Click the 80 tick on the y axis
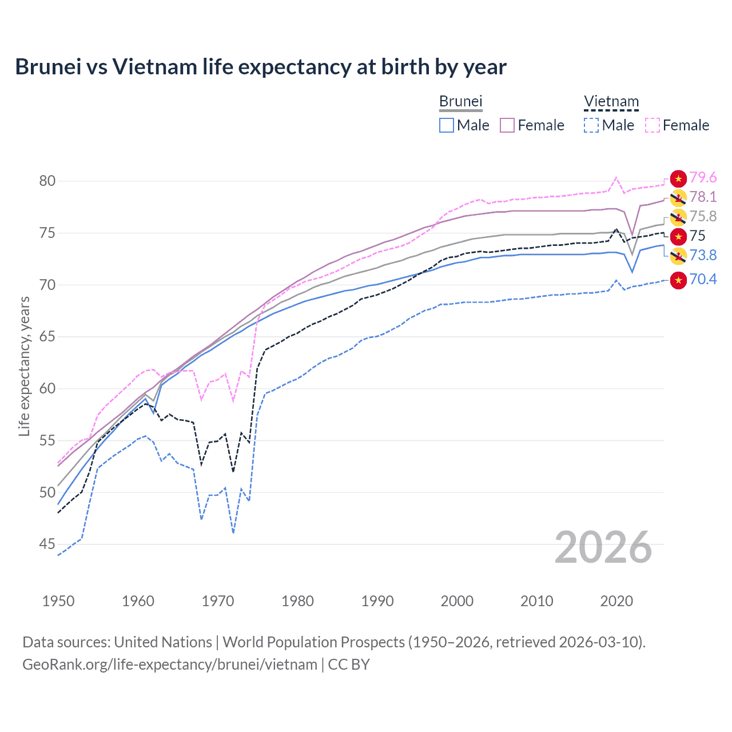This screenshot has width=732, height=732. pyautogui.click(x=47, y=181)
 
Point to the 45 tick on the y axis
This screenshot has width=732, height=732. pyautogui.click(x=47, y=544)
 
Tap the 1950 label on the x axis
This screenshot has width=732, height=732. pyautogui.click(x=58, y=601)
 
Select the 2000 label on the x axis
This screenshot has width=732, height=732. pyautogui.click(x=457, y=601)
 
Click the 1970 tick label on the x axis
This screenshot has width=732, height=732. pyautogui.click(x=218, y=601)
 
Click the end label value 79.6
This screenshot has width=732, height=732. pyautogui.click(x=703, y=178)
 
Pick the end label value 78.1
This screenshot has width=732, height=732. pyautogui.click(x=703, y=197)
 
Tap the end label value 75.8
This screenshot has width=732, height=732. pyautogui.click(x=703, y=217)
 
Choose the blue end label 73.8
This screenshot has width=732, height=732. pyautogui.click(x=703, y=255)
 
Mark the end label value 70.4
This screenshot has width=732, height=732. pyautogui.click(x=703, y=279)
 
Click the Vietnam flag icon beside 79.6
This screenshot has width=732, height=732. pyautogui.click(x=678, y=178)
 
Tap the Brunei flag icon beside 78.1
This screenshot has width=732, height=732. pyautogui.click(x=678, y=198)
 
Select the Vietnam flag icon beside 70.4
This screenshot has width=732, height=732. pyautogui.click(x=678, y=280)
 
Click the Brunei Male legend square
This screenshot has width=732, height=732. pyautogui.click(x=447, y=125)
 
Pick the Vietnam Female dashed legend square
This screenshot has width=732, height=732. pyautogui.click(x=653, y=125)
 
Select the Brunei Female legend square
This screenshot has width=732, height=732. pyautogui.click(x=508, y=125)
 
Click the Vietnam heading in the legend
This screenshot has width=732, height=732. pyautogui.click(x=611, y=102)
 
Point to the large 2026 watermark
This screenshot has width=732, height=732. pyautogui.click(x=603, y=547)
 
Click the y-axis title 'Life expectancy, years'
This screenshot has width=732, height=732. pyautogui.click(x=24, y=366)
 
